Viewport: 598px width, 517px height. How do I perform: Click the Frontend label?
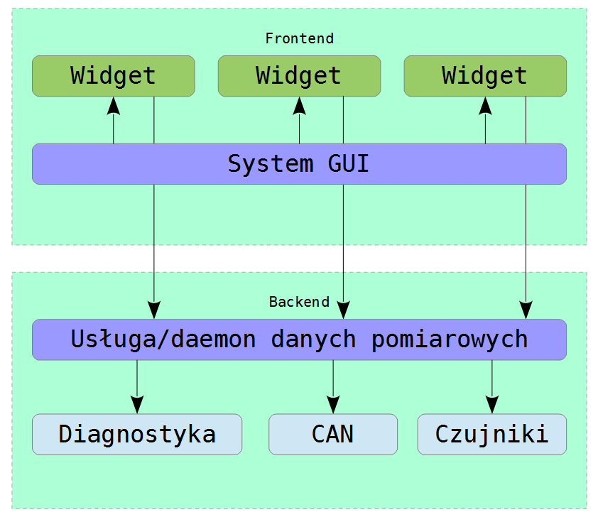pos(300,38)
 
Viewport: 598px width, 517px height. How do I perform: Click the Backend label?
pos(300,302)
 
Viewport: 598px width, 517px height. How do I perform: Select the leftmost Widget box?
pos(114,76)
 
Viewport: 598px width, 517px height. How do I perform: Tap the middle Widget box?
pos(300,76)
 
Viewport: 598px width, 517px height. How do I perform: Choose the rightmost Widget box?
pos(485,76)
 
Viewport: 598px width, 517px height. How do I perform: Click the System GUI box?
pos(300,164)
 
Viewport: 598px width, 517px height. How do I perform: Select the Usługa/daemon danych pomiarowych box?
pos(300,339)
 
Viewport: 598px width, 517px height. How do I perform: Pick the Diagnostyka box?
pos(137,434)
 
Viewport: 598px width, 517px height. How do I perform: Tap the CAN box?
pos(333,434)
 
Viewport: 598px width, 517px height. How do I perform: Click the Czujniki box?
pos(492,434)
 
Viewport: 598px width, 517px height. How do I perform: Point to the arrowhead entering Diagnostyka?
pos(137,405)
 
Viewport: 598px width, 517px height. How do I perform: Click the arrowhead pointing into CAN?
pos(333,405)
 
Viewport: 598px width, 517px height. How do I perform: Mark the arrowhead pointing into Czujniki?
pos(492,405)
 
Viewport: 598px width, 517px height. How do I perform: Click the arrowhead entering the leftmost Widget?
pos(114,106)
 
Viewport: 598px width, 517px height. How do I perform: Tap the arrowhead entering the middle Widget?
pos(300,106)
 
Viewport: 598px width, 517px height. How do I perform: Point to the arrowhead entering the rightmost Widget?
pos(485,106)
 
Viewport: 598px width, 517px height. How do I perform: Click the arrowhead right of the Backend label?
pos(344,310)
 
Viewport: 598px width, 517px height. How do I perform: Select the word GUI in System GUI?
pos(348,164)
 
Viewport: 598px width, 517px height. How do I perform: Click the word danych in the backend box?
pos(313,339)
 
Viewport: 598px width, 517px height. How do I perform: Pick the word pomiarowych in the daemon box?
pos(450,340)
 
